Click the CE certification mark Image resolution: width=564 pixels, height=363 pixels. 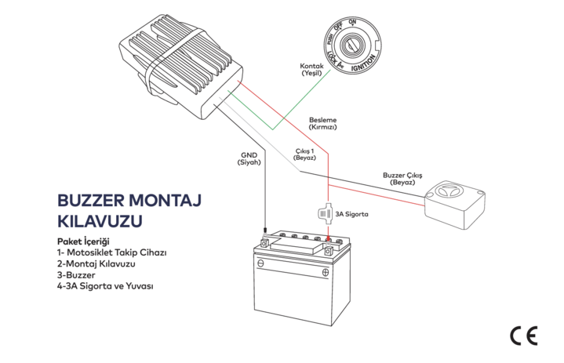tap(522, 335)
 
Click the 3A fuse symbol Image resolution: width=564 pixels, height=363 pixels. tap(325, 212)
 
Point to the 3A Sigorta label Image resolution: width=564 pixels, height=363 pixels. tap(351, 213)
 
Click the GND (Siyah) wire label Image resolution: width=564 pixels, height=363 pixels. tap(250, 159)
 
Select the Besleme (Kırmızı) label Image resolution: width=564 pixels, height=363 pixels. tap(322, 122)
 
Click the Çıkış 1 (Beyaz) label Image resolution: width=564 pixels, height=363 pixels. tap(304, 154)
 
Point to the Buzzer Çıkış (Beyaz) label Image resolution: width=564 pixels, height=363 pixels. tap(402, 178)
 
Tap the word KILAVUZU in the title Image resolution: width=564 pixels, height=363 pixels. tap(100, 221)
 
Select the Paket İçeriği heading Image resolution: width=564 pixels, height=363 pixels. tap(82, 241)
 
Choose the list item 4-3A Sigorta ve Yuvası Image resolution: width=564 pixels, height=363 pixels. tap(105, 287)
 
